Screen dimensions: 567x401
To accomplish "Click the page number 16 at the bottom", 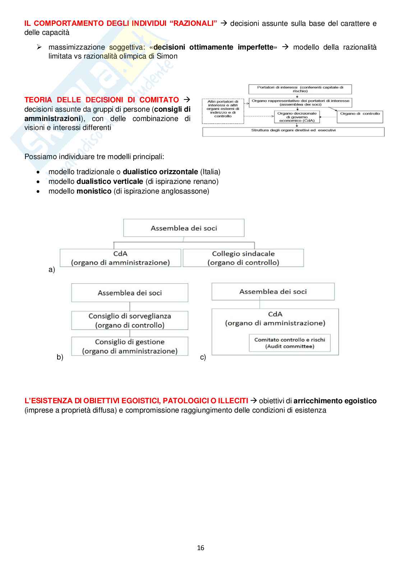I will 200,548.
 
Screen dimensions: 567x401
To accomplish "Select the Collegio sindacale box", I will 243,258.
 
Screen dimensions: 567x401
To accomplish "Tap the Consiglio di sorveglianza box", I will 130,320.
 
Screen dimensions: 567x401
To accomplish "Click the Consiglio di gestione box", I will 130,346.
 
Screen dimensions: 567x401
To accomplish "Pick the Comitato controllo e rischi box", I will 290,343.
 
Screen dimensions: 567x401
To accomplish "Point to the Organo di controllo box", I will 360,117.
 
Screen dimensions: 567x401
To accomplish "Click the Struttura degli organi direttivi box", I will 293,131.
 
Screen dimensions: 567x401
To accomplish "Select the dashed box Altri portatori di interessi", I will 223,111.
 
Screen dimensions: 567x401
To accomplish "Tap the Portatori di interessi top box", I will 300,89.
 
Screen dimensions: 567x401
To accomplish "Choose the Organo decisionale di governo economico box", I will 297,117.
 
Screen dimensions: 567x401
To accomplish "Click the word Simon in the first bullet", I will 167,56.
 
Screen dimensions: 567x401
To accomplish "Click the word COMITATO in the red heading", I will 159,100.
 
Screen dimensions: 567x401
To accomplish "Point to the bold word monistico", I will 94,191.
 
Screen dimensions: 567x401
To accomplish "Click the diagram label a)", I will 52,270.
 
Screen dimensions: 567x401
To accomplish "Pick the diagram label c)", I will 203,357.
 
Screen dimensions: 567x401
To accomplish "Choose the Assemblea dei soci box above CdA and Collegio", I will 184,228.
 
